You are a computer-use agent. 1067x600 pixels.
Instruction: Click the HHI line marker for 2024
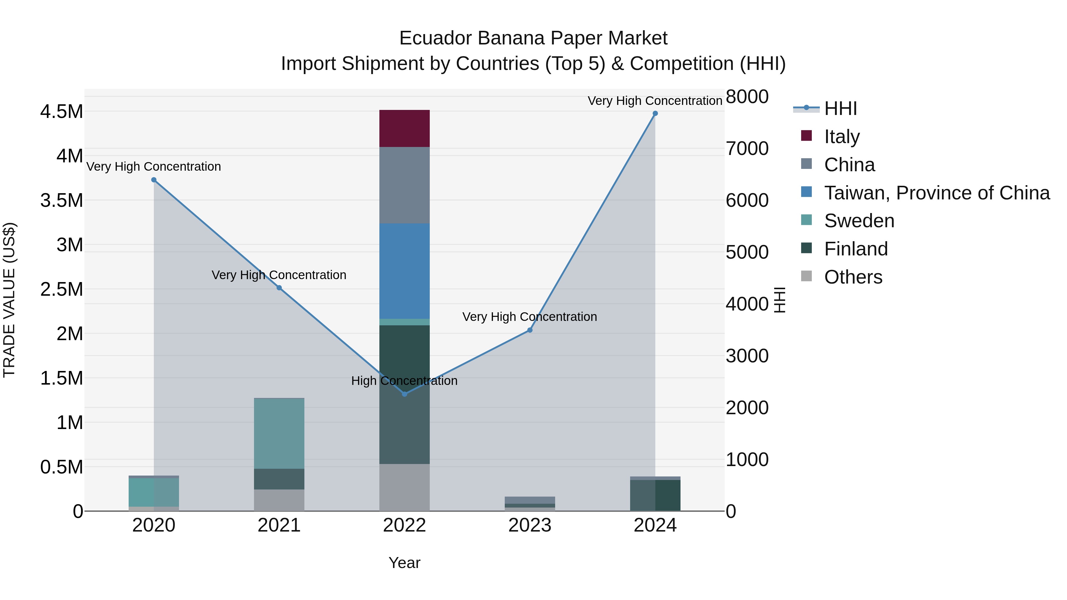[x=655, y=113]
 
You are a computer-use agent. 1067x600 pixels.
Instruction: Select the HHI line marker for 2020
[x=154, y=180]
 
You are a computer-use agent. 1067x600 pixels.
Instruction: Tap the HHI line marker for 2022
[x=405, y=394]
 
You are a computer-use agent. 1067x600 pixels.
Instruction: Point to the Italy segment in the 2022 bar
[x=405, y=128]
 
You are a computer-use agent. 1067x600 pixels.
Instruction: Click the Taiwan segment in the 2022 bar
[x=405, y=271]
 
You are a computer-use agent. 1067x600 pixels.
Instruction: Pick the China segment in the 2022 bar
[x=405, y=185]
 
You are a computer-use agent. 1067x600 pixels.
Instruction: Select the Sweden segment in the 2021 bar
[x=279, y=433]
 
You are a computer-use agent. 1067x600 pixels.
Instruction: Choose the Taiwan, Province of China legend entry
[x=936, y=193]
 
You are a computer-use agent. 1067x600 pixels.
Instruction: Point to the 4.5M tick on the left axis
[x=61, y=111]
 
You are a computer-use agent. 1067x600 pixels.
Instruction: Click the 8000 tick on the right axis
[x=747, y=97]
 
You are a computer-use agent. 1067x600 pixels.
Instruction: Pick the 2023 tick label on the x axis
[x=530, y=525]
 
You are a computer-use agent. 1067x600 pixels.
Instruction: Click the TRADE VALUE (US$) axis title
[x=9, y=300]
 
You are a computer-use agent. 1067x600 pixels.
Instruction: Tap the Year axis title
[x=404, y=563]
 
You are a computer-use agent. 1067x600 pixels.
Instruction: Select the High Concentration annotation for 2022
[x=404, y=380]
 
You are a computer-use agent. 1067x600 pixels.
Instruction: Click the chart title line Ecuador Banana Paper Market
[x=533, y=38]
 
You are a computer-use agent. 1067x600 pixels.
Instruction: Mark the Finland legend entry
[x=855, y=249]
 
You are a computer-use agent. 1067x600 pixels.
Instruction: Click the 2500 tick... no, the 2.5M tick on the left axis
[x=61, y=289]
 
